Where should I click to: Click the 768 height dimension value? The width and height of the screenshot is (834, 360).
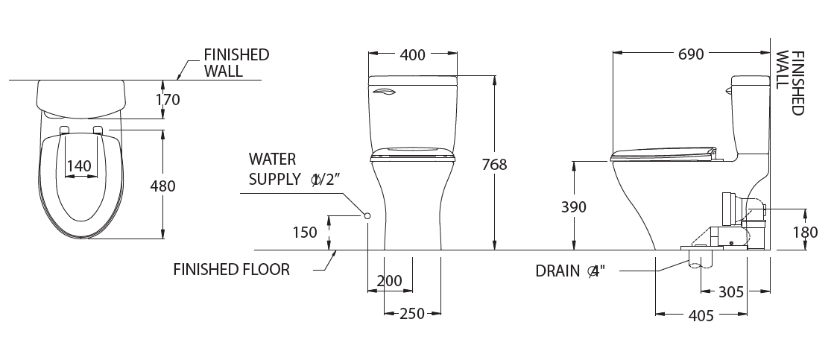[x=494, y=165]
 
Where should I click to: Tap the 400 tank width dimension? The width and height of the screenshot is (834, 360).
[x=412, y=54]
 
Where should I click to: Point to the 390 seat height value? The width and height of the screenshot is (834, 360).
[x=574, y=206]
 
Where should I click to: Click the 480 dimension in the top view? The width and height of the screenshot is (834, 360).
[x=162, y=186]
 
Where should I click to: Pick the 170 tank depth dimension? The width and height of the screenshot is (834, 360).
[x=168, y=99]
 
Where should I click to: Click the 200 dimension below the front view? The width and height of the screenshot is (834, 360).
[x=389, y=281]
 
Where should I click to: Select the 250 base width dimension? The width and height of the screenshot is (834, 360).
[x=411, y=314]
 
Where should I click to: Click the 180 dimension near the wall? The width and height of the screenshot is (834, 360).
[x=805, y=233]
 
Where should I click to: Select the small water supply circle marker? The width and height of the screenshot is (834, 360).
[x=367, y=215]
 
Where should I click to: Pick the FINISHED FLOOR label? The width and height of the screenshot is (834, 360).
[x=232, y=270]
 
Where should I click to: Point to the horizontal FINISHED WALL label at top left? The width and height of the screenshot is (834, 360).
[x=236, y=63]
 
